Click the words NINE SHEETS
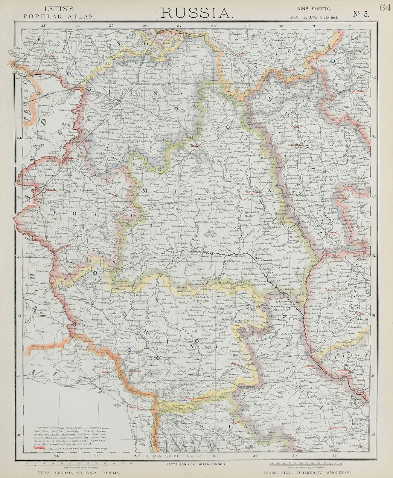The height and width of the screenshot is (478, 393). (x=314, y=9)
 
